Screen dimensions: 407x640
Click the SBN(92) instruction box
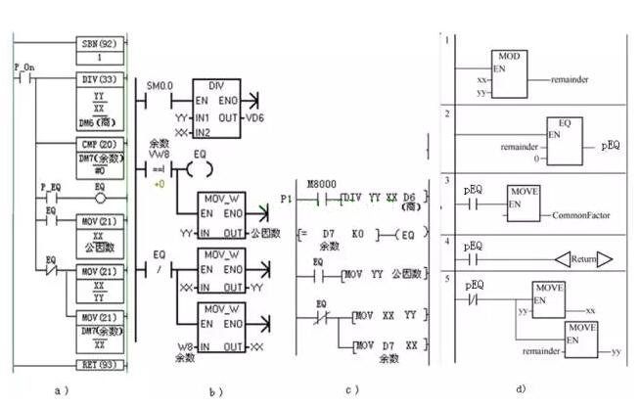click(x=102, y=44)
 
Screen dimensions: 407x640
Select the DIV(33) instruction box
click(x=102, y=76)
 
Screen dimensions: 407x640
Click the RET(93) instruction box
click(x=102, y=366)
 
